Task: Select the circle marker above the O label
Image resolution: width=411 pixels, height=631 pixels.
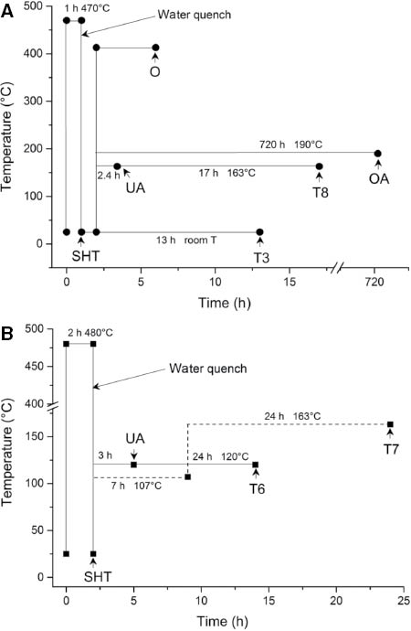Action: [x=155, y=48]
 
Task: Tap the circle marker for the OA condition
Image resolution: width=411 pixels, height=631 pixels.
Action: [x=377, y=154]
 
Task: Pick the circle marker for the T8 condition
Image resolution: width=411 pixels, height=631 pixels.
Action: [x=319, y=166]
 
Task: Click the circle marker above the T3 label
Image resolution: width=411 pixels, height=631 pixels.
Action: [x=259, y=232]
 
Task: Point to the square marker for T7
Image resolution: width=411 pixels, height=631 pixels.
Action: [x=390, y=424]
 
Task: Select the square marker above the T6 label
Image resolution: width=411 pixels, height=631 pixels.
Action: [x=256, y=465]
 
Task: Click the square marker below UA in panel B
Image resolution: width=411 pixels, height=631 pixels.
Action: [x=133, y=465]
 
